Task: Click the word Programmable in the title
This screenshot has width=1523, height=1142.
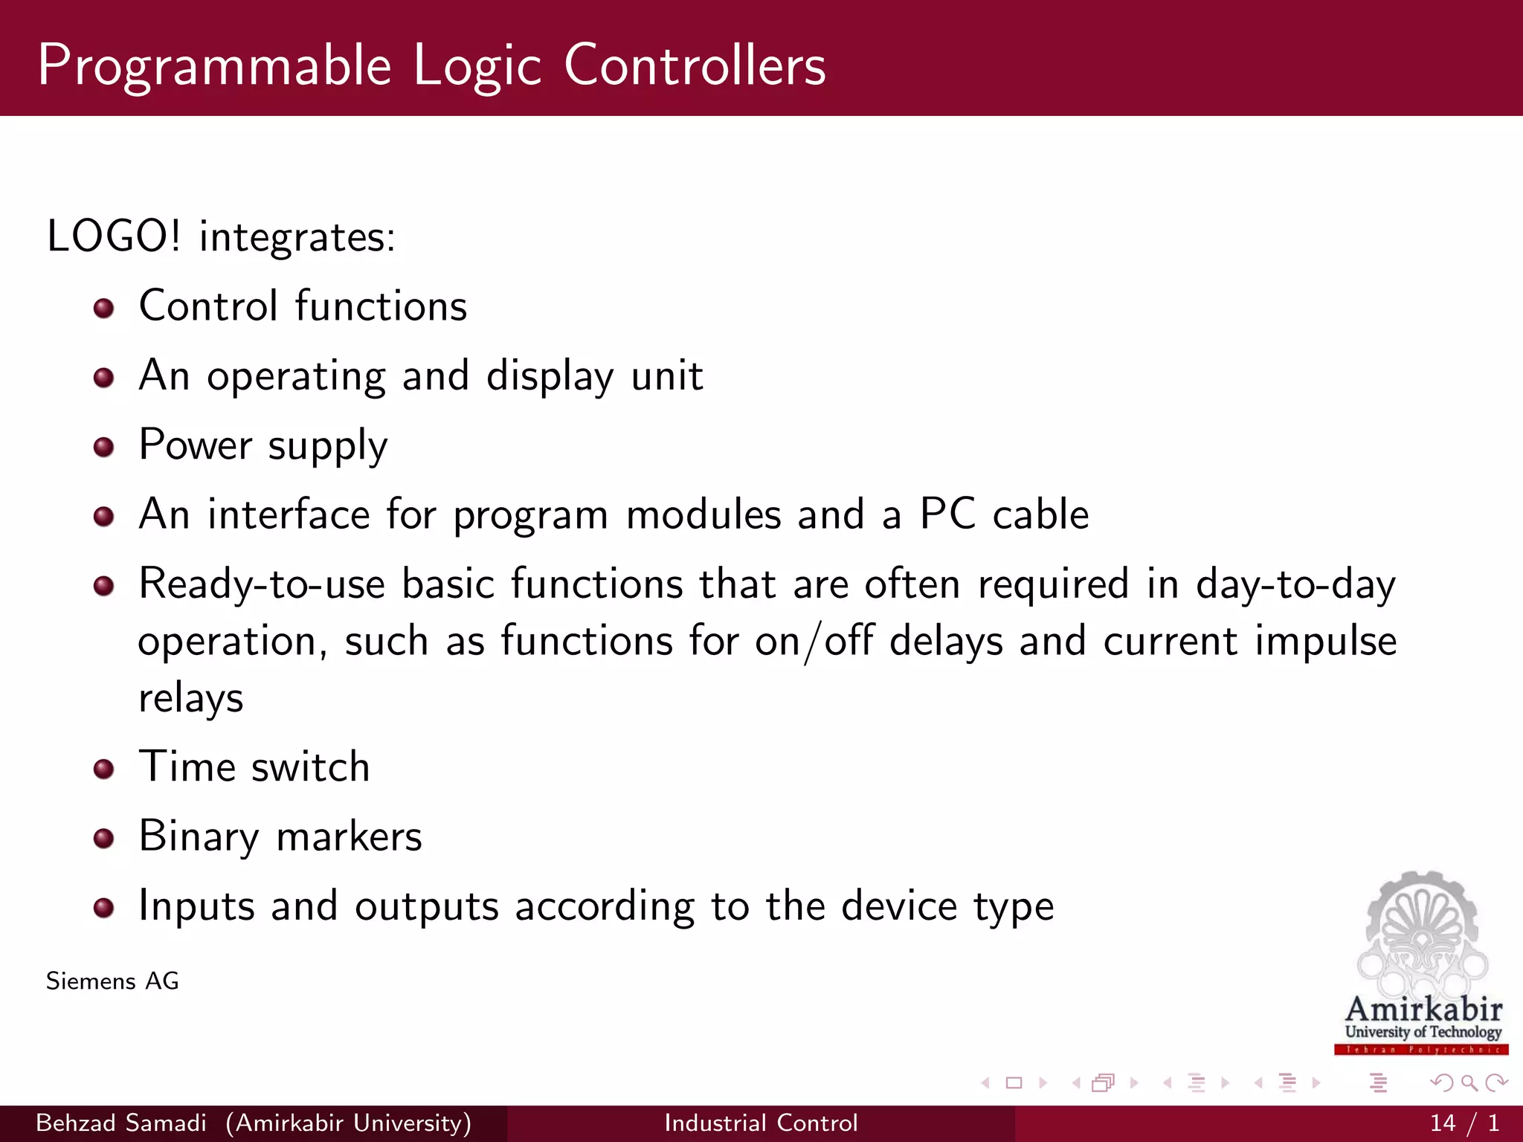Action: [x=214, y=67]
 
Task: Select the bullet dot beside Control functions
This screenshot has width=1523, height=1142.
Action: [x=104, y=308]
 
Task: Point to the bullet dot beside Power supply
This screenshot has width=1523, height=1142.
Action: [x=104, y=447]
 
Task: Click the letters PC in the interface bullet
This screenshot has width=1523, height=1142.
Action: [x=947, y=514]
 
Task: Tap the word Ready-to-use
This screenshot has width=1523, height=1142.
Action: [x=262, y=584]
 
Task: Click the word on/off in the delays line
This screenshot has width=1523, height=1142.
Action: [x=814, y=641]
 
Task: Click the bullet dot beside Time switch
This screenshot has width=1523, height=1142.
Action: [x=104, y=769]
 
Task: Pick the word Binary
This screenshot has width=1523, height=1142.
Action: [x=199, y=837]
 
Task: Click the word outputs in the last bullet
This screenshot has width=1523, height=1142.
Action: [x=426, y=906]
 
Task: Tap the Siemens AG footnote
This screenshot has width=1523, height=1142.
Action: [x=112, y=981]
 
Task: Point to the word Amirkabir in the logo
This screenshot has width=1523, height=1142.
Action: [x=1423, y=1010]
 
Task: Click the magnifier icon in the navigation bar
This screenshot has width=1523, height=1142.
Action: [x=1469, y=1083]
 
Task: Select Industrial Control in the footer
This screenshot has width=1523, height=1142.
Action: [x=761, y=1123]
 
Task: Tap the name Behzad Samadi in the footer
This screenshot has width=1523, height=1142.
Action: [x=121, y=1123]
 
